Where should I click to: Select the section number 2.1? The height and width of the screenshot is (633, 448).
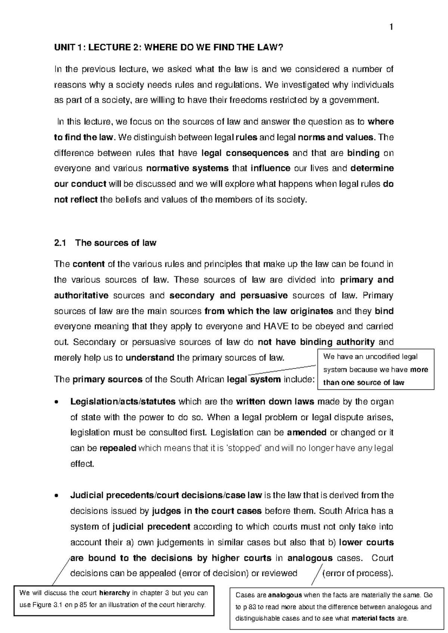60,243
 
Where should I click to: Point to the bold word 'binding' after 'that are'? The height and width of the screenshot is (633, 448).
363,153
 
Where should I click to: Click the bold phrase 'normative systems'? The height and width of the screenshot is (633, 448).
187,168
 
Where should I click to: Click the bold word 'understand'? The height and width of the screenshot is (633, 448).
150,358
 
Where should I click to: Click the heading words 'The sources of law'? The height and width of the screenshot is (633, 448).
116,243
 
